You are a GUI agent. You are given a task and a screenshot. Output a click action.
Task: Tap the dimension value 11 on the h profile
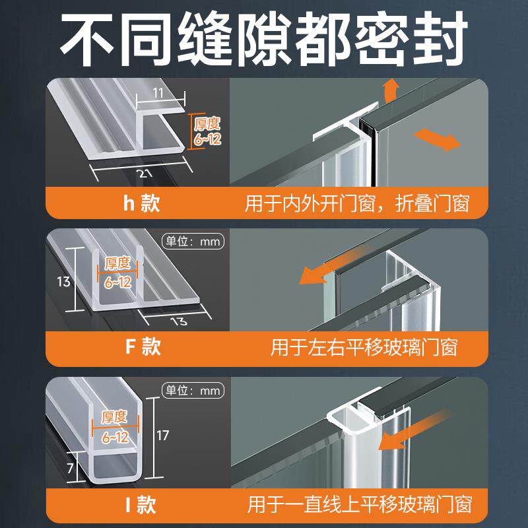tap(158, 94)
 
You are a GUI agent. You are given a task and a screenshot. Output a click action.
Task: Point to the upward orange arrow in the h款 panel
tap(391, 89)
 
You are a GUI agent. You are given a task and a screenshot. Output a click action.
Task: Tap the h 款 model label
tap(141, 203)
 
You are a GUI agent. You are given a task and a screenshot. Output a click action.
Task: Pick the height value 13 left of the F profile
tap(64, 282)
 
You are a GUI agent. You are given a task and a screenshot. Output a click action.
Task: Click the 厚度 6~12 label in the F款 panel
tap(117, 273)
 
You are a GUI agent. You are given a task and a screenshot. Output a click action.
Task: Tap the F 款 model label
tap(142, 346)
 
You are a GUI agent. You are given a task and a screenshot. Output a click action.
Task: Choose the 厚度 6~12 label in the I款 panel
tap(115, 427)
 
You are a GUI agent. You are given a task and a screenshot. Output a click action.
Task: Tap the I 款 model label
tap(141, 506)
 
